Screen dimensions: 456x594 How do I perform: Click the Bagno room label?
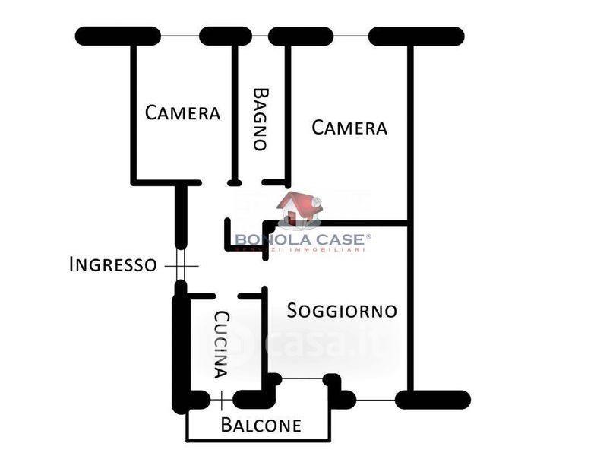point(261,119)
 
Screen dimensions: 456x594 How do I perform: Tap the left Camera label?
point(183,113)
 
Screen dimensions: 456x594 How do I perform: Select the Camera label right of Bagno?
point(349,128)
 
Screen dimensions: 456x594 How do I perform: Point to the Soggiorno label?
point(342,310)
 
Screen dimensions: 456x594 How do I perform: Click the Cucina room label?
point(220,344)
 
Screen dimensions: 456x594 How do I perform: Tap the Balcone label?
point(261,425)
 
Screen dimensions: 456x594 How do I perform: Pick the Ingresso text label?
point(112,264)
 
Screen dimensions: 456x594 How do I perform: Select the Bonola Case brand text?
point(302,240)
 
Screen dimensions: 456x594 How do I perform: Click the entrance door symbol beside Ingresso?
point(180,265)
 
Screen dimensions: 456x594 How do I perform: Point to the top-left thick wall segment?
point(118,36)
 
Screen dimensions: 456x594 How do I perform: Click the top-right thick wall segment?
point(415,36)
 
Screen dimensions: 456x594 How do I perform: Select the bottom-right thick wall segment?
point(432,400)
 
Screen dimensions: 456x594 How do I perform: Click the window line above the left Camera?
point(180,36)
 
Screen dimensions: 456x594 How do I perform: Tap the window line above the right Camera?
point(351,36)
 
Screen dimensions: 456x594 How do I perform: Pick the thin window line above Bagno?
point(260,36)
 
